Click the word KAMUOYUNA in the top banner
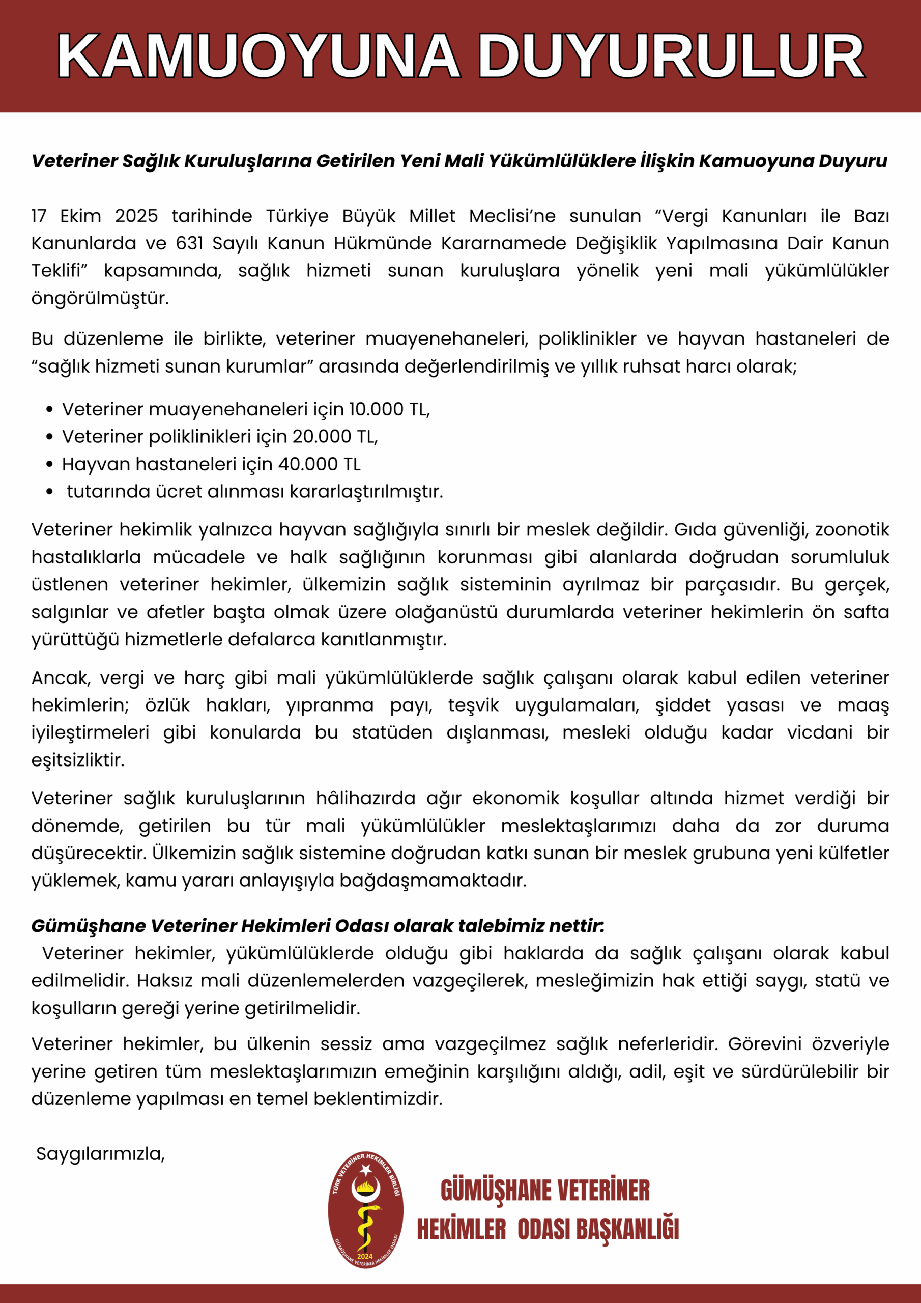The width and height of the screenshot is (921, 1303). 258,56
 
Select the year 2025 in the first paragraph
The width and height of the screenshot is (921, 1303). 136,216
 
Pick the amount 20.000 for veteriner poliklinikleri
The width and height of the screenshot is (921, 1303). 322,436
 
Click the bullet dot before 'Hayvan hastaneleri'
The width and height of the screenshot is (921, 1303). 50,465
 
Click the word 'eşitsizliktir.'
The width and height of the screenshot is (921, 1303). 78,760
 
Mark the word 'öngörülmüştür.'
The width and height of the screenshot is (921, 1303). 100,298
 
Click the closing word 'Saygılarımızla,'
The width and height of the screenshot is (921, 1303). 100,1154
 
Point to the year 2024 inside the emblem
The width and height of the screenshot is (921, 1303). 365,1256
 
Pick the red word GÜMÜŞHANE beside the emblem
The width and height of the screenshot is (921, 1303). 496,1191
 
